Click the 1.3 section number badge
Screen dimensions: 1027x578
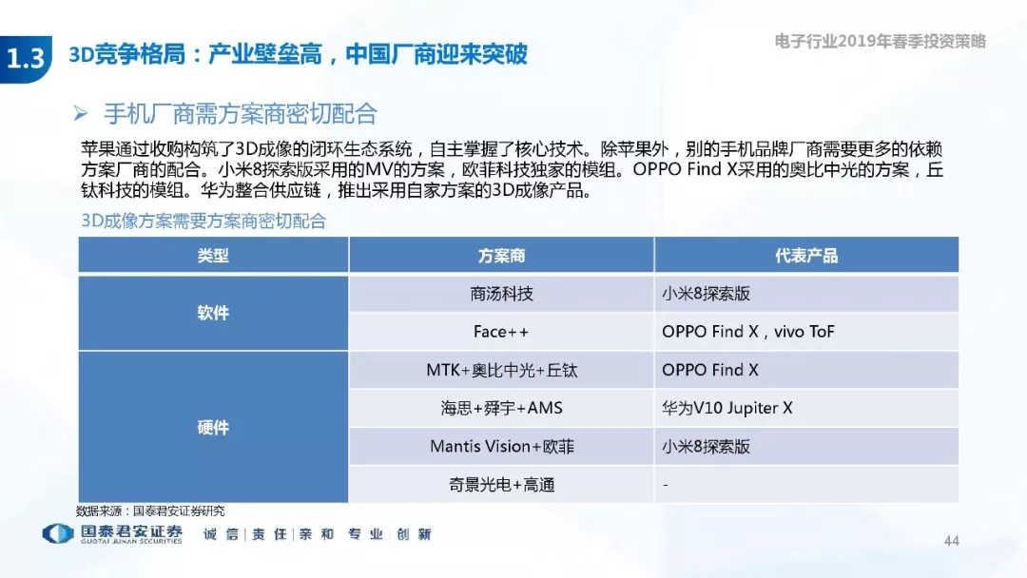(26, 59)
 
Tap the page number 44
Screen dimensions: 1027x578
(951, 541)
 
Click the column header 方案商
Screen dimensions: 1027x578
(501, 256)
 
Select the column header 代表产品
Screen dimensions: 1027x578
(806, 256)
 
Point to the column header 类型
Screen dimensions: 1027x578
(213, 256)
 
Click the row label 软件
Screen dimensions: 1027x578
(213, 313)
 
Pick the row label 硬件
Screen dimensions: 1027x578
(213, 428)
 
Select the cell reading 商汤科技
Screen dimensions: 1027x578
(501, 294)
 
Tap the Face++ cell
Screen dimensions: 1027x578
(501, 332)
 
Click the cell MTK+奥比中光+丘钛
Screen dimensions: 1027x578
(502, 371)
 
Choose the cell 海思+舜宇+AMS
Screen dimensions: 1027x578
(502, 409)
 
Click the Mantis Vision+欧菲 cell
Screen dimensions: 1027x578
(502, 447)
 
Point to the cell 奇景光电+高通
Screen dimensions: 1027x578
(502, 485)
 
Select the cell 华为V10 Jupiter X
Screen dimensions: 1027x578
(727, 409)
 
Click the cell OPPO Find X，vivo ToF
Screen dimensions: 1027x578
(748, 332)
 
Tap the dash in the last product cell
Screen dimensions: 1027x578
(666, 485)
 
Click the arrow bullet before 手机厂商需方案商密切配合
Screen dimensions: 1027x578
(81, 114)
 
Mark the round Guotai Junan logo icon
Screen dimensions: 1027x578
(58, 533)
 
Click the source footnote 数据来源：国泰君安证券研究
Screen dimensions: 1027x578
(150, 511)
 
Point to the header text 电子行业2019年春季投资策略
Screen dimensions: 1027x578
(880, 41)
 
